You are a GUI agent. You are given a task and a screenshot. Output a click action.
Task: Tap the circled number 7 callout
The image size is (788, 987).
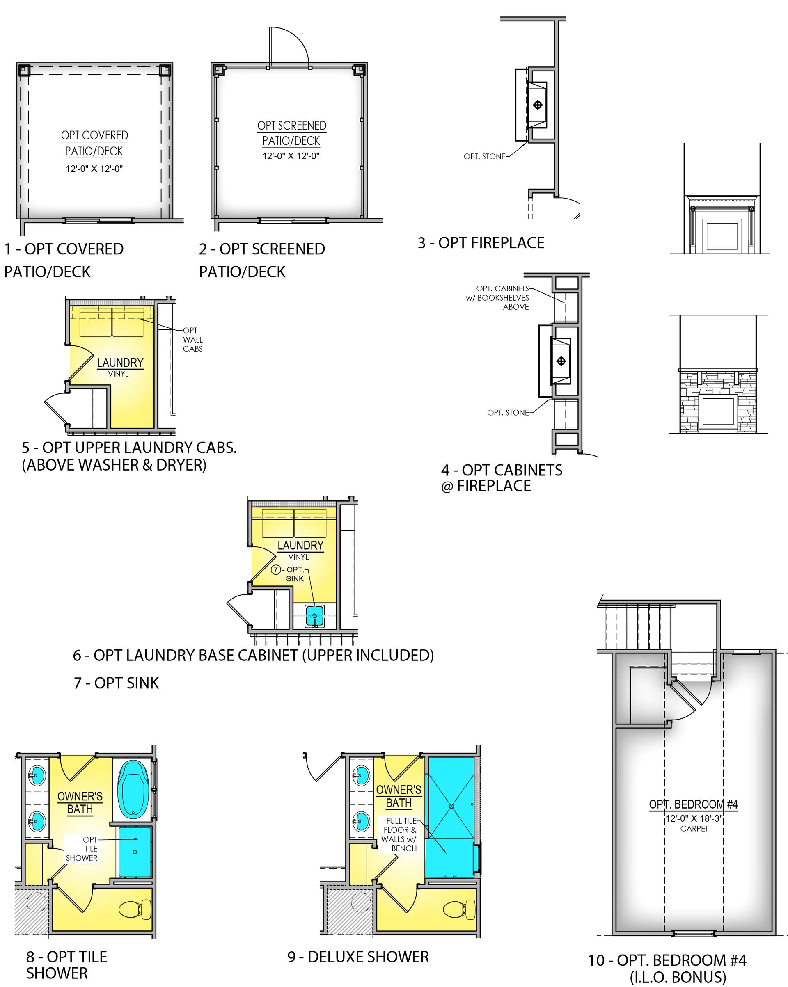(x=275, y=569)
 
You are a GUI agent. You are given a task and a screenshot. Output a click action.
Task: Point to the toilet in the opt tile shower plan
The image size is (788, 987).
(x=135, y=909)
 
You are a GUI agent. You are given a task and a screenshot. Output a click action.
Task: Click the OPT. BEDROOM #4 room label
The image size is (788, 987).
(x=693, y=804)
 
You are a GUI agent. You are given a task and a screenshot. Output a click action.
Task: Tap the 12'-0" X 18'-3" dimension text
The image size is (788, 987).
(x=694, y=818)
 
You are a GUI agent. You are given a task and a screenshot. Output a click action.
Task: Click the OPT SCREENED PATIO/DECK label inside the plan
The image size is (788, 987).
(x=292, y=133)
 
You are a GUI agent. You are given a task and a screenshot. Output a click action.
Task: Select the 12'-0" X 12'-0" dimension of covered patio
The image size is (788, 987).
(x=94, y=169)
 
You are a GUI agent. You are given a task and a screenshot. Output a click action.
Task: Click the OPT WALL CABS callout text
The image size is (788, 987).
(x=192, y=339)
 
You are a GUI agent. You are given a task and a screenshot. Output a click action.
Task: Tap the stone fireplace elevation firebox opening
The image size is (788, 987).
(x=718, y=411)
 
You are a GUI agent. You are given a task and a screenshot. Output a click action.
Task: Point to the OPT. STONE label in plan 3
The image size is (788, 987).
(x=484, y=157)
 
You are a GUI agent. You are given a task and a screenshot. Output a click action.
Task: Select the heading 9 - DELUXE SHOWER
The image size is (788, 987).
(x=358, y=957)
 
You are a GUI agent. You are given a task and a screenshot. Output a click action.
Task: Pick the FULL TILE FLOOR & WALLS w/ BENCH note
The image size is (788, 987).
(x=399, y=834)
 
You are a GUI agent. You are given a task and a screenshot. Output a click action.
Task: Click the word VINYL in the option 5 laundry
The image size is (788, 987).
(x=118, y=374)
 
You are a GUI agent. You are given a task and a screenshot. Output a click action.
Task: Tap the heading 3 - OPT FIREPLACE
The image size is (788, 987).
(x=481, y=242)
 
